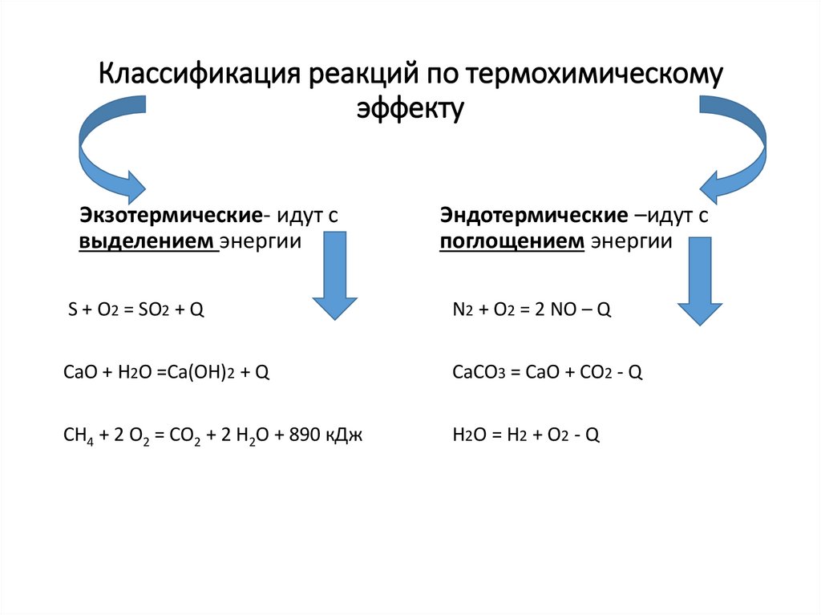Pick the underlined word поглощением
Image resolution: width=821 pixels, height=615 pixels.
(512, 242)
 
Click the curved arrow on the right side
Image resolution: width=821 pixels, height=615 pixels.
(734, 148)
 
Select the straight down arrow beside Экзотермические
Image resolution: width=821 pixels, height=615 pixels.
(334, 277)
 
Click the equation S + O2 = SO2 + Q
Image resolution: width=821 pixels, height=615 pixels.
(137, 310)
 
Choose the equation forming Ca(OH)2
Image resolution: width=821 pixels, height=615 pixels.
(165, 372)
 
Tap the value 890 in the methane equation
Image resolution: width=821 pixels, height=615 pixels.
(309, 435)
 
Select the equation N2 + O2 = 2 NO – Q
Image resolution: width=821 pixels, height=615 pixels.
(532, 310)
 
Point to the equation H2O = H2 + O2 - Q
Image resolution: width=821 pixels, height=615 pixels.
(526, 435)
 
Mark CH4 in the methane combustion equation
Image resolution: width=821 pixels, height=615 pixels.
(75, 435)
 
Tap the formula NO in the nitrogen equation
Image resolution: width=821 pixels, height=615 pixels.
(558, 310)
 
